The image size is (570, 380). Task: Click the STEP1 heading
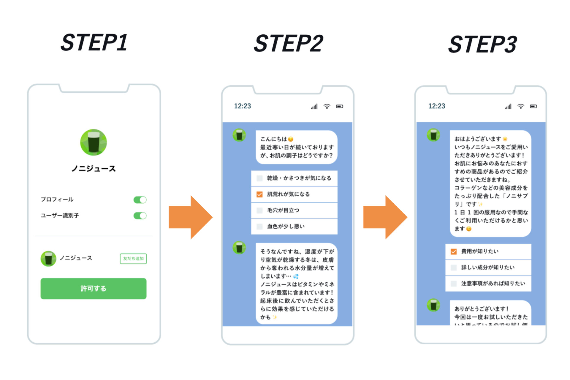(x=94, y=42)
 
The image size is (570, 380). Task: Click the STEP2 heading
(x=289, y=43)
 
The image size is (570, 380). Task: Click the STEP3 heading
(x=483, y=45)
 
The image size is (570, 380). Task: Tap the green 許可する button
(x=94, y=289)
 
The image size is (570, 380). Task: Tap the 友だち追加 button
(x=133, y=259)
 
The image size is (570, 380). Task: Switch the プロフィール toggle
(x=140, y=200)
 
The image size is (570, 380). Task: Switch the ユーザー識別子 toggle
(x=140, y=216)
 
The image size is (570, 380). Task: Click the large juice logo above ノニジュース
(x=94, y=142)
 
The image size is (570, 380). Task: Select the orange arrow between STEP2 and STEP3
(x=385, y=217)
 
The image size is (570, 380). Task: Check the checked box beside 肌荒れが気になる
(x=259, y=194)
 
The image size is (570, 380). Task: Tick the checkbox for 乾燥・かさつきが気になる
(x=259, y=178)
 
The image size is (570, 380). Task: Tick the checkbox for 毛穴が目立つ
(x=259, y=210)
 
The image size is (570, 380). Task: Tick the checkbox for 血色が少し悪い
(x=259, y=227)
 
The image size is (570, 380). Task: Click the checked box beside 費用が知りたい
(x=454, y=252)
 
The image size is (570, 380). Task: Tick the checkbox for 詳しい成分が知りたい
(x=454, y=268)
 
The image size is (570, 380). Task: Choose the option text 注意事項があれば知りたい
(x=493, y=284)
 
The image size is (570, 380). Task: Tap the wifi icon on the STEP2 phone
(x=327, y=106)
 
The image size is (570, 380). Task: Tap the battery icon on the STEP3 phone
(x=533, y=106)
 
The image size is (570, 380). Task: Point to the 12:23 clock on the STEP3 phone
(x=436, y=106)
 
